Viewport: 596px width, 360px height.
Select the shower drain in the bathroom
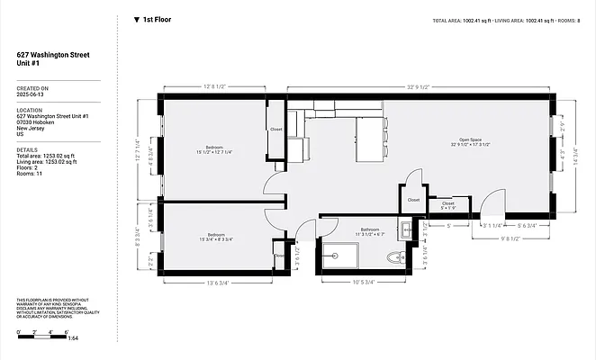point(336,255)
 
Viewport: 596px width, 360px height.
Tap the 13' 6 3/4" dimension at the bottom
point(221,283)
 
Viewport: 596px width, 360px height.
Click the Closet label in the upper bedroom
point(276,129)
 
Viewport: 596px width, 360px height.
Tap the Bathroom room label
point(370,229)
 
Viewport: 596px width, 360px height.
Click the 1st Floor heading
point(156,19)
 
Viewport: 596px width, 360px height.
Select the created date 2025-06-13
point(32,96)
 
